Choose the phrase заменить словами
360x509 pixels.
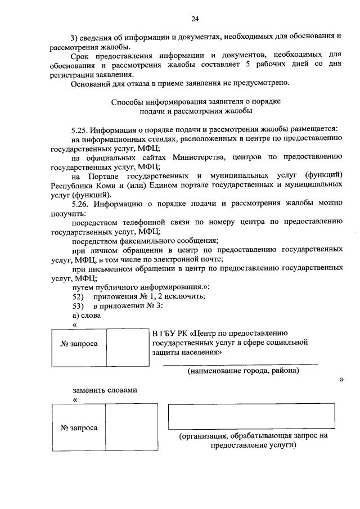(x=105, y=390)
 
